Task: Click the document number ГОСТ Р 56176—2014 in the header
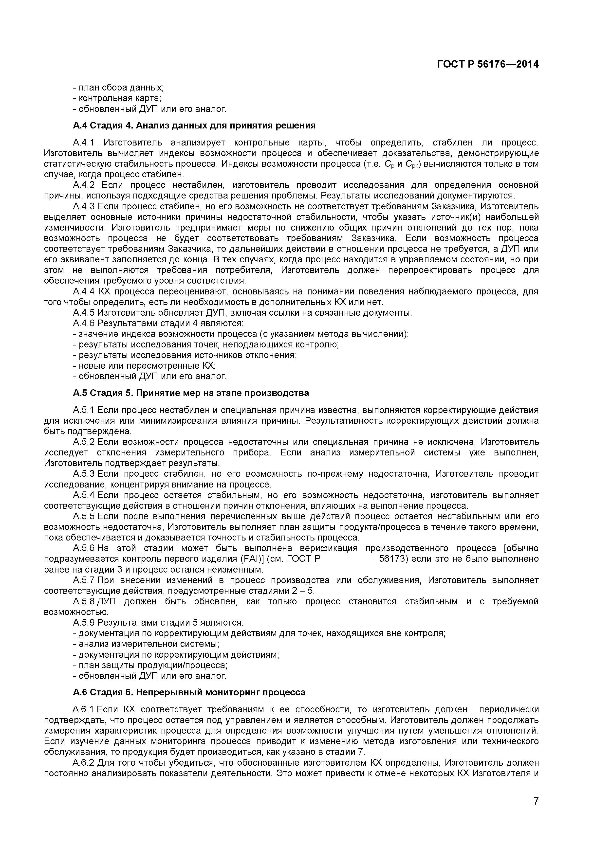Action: point(488,64)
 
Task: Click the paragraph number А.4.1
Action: point(83,143)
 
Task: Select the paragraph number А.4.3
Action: point(83,206)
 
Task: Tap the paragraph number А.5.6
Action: point(83,548)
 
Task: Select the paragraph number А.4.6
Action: point(83,323)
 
